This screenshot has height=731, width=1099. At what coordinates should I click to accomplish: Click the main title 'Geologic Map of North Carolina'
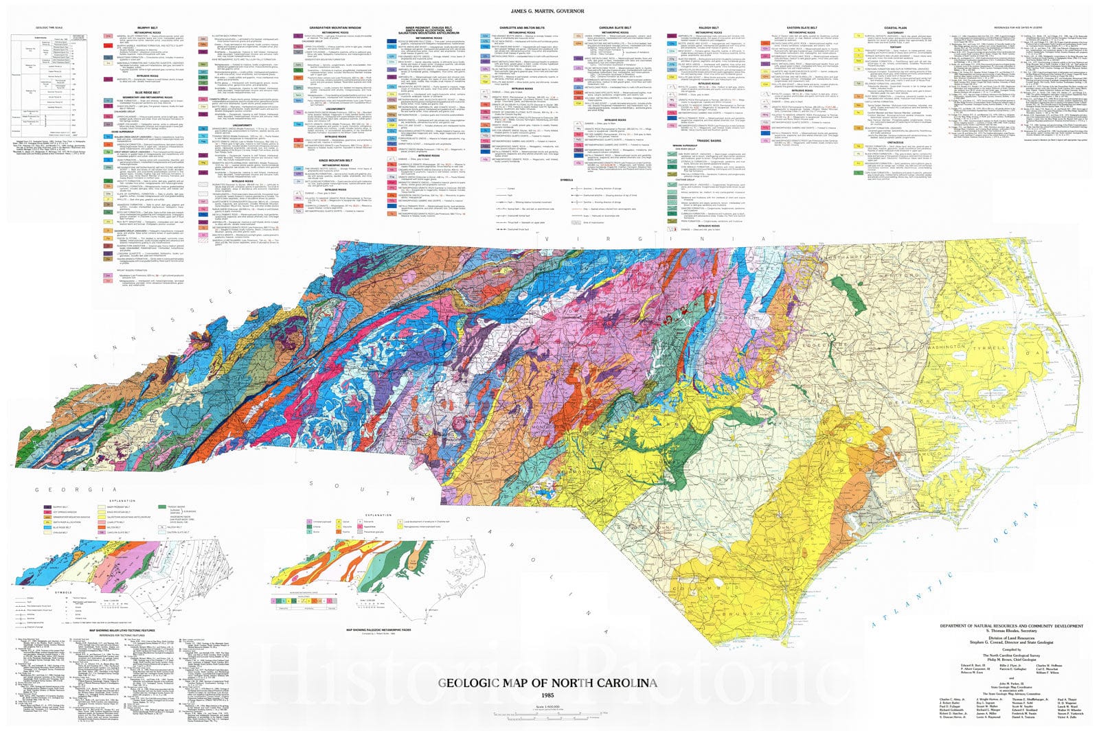pyautogui.click(x=556, y=683)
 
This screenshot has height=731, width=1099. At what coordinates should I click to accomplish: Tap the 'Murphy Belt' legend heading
pyautogui.click(x=148, y=28)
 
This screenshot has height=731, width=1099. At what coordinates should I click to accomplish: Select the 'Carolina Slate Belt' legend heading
pyautogui.click(x=615, y=28)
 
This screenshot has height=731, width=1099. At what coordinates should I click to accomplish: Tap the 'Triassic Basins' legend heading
pyautogui.click(x=707, y=140)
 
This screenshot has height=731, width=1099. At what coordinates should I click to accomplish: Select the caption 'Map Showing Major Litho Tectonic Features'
pyautogui.click(x=122, y=629)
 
